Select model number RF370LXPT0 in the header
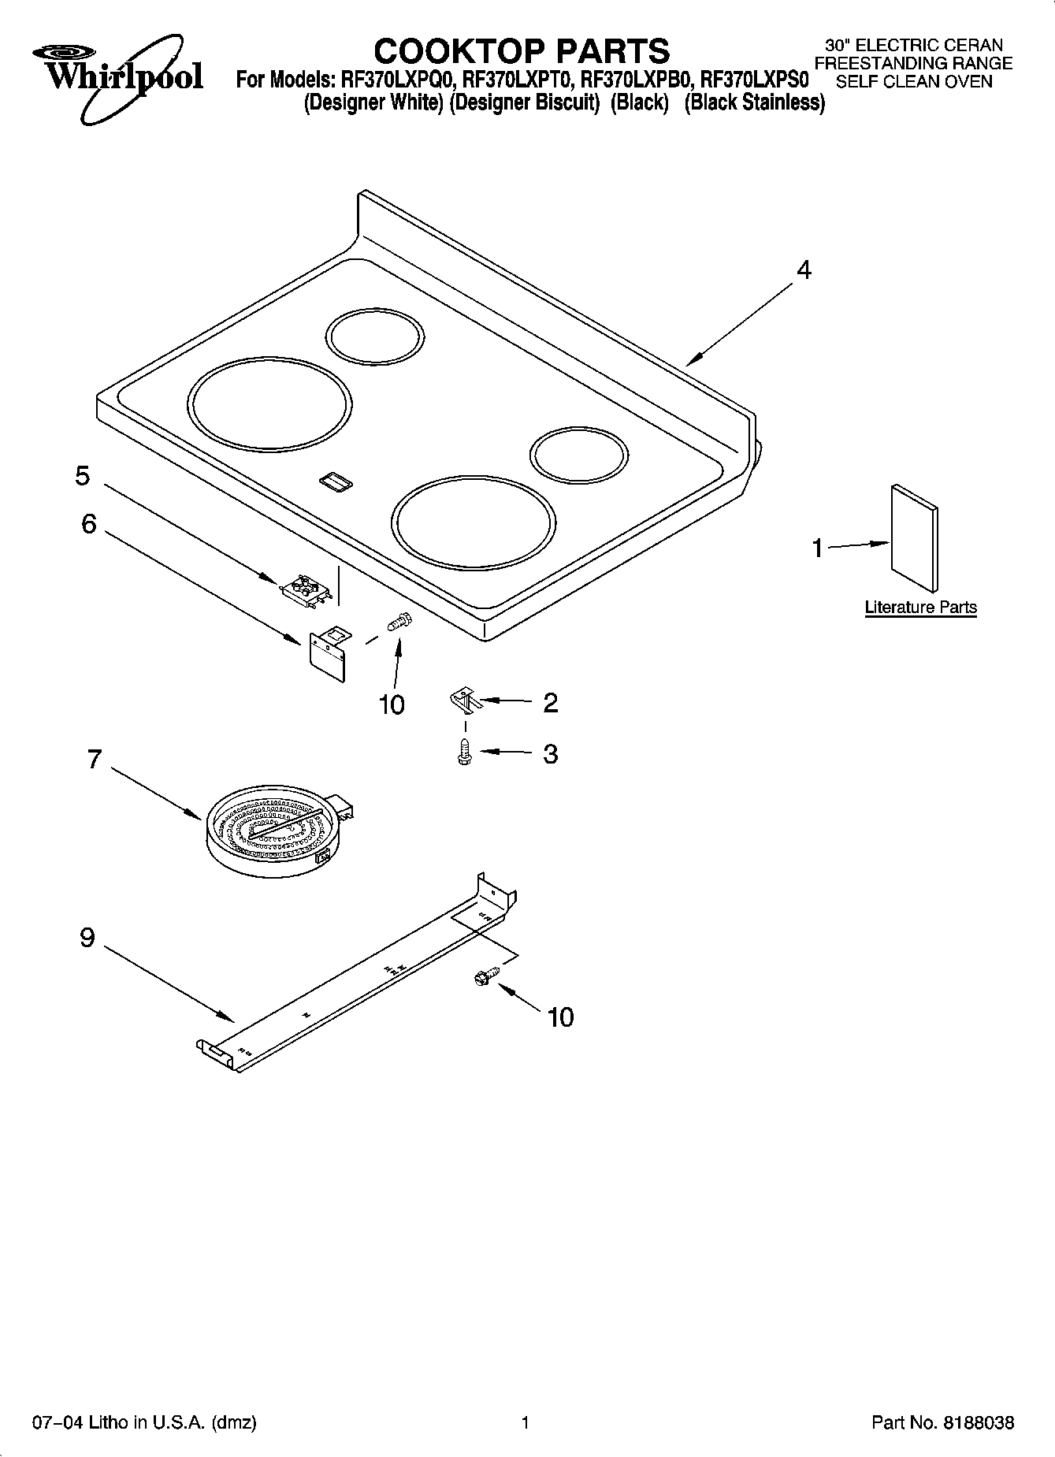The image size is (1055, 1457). (517, 80)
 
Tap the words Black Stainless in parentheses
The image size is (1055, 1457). (755, 102)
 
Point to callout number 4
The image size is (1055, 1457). (803, 270)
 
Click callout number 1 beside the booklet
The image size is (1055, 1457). (818, 548)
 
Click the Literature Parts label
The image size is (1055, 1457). (920, 608)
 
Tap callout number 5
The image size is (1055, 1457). (83, 476)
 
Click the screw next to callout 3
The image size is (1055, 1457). (464, 752)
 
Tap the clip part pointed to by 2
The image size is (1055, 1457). (465, 698)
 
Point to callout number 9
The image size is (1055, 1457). (87, 938)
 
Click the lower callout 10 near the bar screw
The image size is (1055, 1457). (560, 1017)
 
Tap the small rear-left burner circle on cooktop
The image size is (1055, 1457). (375, 336)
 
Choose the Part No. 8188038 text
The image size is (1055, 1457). (942, 1423)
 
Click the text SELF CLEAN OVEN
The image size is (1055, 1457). (913, 81)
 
